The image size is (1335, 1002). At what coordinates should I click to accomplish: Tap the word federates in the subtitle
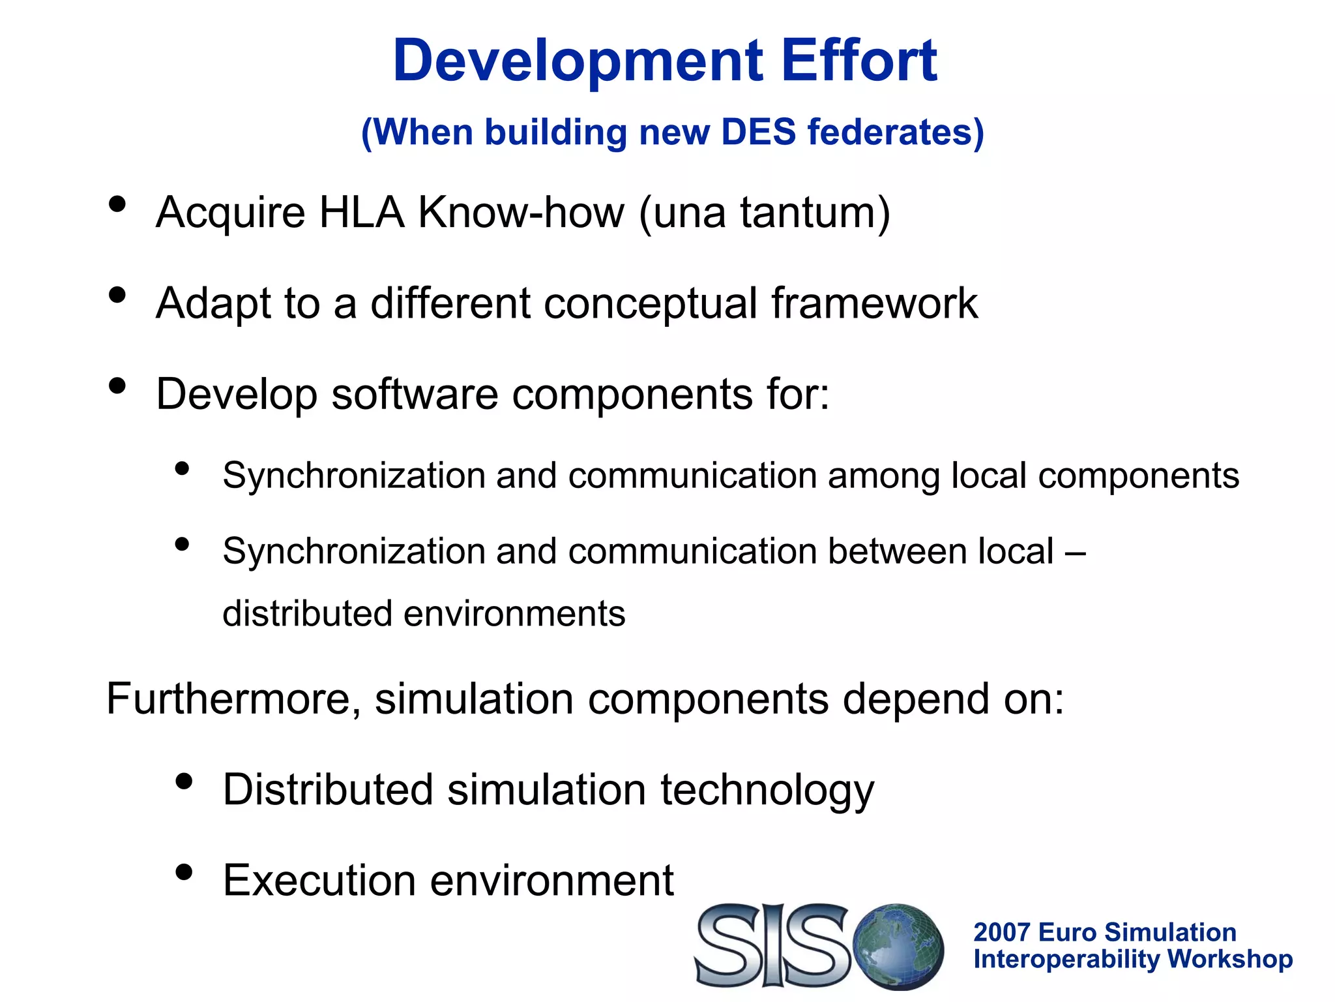[895, 132]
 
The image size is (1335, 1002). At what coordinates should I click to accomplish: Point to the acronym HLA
[360, 213]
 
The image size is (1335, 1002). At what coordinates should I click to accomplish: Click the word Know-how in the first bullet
[521, 213]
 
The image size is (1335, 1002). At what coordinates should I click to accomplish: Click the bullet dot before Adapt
[117, 295]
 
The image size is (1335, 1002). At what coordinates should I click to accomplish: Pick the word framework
[874, 303]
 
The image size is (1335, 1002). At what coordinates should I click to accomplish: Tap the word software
[415, 395]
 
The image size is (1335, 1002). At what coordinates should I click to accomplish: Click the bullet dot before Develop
[117, 386]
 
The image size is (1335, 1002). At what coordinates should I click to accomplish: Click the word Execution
[319, 881]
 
